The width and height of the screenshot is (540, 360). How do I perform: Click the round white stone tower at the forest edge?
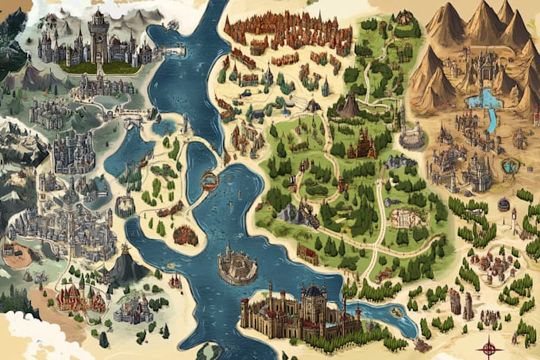coord(412,137)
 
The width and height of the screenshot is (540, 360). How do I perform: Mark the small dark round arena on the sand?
coord(503,204)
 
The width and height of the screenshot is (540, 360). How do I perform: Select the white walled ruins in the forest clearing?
coord(406,217)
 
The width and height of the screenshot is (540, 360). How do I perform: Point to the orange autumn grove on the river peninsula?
coord(186,234)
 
